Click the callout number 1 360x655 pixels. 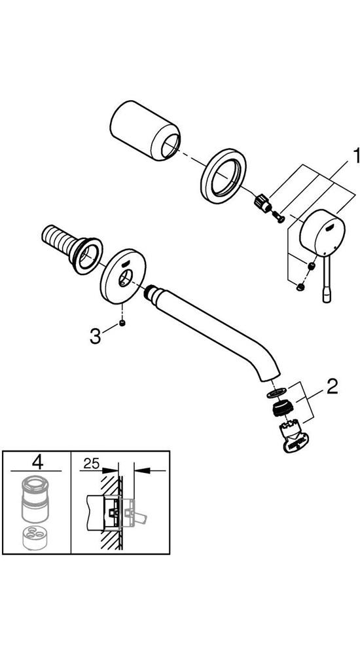point(355,156)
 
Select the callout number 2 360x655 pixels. point(332,387)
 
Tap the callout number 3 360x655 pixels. point(95,336)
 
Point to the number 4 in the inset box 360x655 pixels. point(37,462)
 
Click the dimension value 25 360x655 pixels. point(91,463)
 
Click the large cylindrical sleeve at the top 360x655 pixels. point(145,130)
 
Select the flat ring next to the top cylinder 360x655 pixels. point(223,176)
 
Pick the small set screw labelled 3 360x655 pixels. point(122,322)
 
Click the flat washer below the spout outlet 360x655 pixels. point(276,392)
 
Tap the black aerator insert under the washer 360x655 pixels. point(282,407)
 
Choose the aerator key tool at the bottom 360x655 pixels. point(293,438)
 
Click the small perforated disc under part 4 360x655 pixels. point(35,538)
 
